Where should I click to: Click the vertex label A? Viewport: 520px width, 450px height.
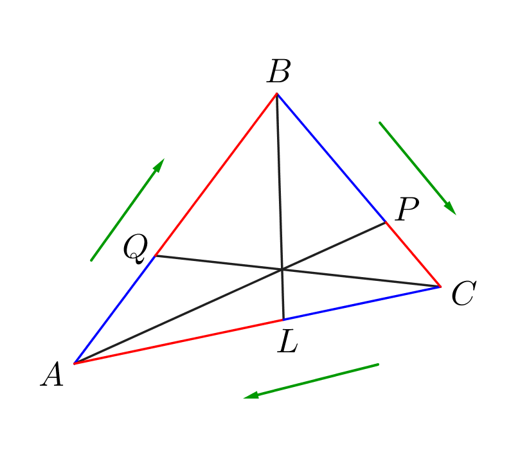52,375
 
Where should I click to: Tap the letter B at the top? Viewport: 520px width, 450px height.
278,72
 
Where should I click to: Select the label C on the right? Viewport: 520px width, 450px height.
463,295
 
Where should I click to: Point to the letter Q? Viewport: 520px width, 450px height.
136,248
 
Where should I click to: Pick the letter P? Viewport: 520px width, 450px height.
407,210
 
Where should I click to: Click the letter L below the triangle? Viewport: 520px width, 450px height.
287,343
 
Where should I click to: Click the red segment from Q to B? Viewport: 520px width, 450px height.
216,175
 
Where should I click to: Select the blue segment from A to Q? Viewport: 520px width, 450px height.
114,310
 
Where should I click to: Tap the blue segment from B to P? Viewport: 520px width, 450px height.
331,158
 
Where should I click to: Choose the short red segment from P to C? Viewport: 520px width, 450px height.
413,255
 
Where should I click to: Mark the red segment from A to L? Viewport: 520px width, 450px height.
179,341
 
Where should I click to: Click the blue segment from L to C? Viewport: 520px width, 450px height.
362,303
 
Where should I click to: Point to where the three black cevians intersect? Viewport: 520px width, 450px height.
282,269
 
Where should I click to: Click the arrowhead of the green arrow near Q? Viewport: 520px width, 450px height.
159,165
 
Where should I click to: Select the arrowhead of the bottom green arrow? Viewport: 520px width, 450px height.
251,396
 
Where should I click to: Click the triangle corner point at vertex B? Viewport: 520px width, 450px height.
276,94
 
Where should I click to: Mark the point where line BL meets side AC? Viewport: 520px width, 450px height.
283,319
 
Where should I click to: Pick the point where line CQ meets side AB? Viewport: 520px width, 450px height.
155,256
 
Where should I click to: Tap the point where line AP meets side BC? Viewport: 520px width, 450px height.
386,222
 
